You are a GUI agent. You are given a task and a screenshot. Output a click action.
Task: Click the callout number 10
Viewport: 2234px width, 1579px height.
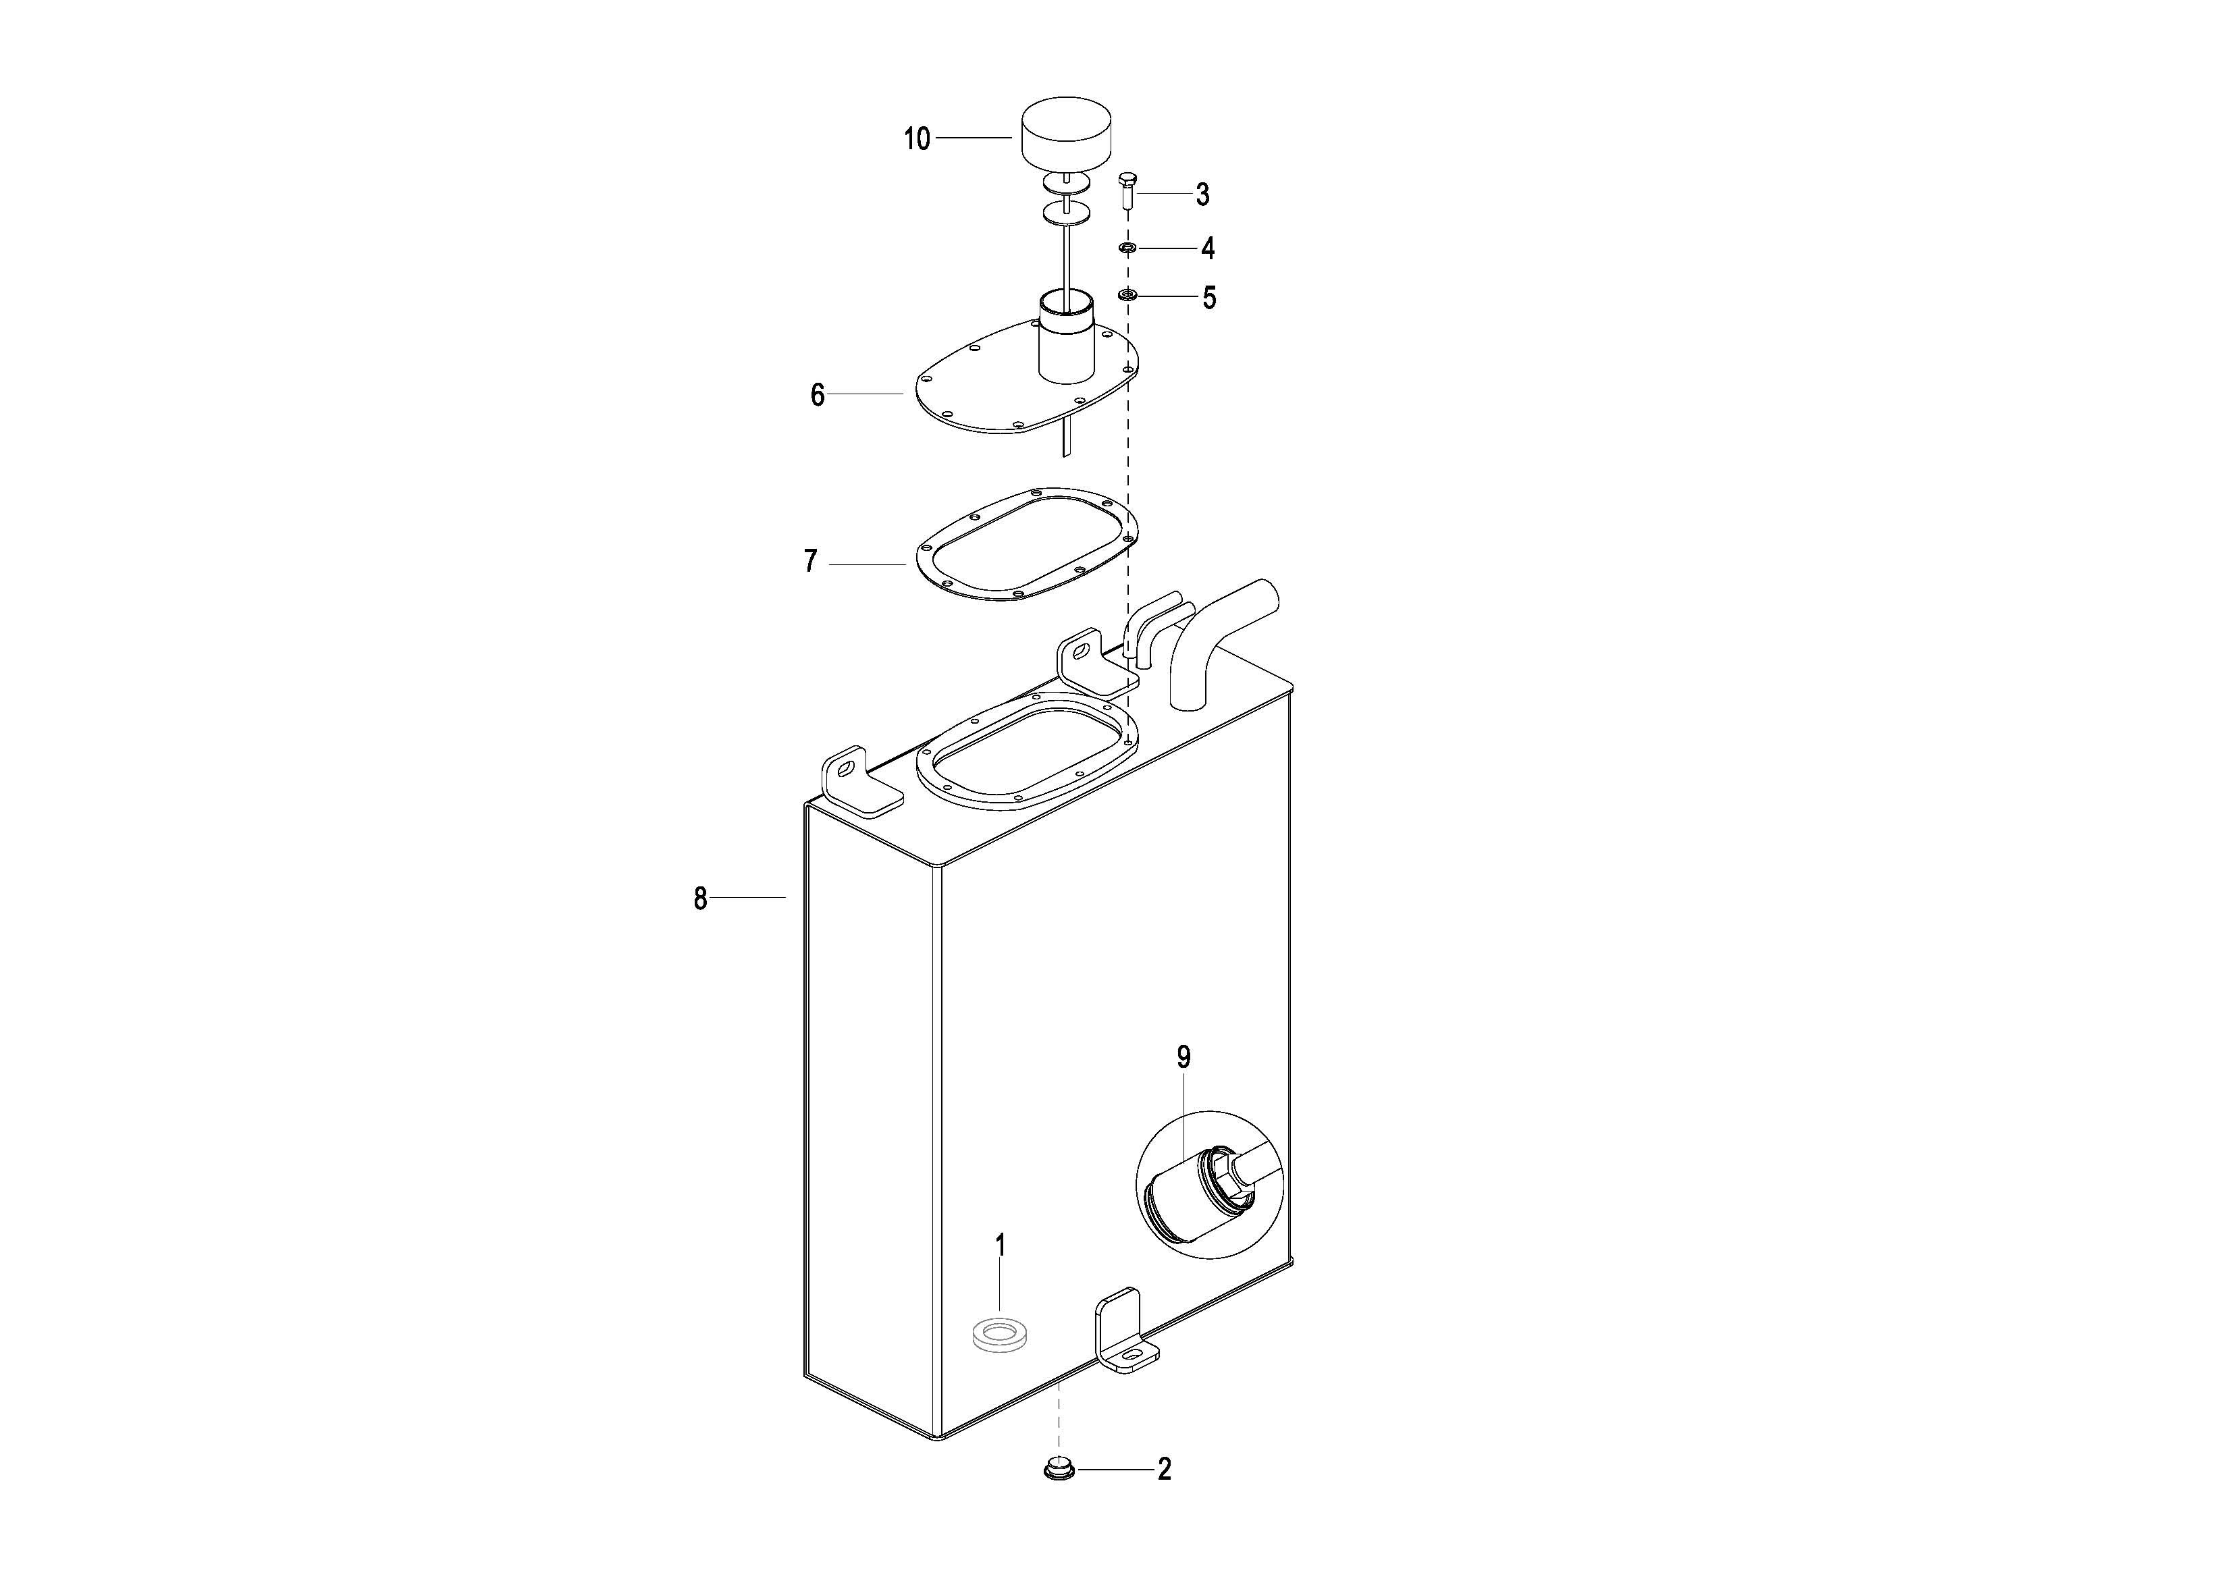pyautogui.click(x=917, y=139)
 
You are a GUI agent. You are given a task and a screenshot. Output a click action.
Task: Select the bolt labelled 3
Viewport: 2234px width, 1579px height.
pyautogui.click(x=1127, y=192)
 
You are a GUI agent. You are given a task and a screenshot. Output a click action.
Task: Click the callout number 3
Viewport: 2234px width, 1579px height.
pyautogui.click(x=1202, y=194)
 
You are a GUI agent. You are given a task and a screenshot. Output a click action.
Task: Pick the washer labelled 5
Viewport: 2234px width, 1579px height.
pyautogui.click(x=1127, y=295)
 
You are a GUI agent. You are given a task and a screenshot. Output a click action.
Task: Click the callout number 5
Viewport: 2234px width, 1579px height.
pyautogui.click(x=1208, y=298)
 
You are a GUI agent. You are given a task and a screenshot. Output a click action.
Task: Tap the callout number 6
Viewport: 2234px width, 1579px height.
pyautogui.click(x=818, y=395)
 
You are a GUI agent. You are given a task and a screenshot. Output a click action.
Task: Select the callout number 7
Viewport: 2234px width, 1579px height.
pyautogui.click(x=811, y=562)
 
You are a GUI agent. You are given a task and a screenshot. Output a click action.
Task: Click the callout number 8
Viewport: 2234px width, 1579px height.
pyautogui.click(x=701, y=898)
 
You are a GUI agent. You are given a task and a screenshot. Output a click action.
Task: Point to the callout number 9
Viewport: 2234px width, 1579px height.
pyautogui.click(x=1184, y=1056)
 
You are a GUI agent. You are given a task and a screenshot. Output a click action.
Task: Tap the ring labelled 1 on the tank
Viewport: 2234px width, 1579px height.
pyautogui.click(x=1001, y=1332)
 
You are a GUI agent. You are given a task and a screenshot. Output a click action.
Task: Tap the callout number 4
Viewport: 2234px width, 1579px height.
pyautogui.click(x=1208, y=249)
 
